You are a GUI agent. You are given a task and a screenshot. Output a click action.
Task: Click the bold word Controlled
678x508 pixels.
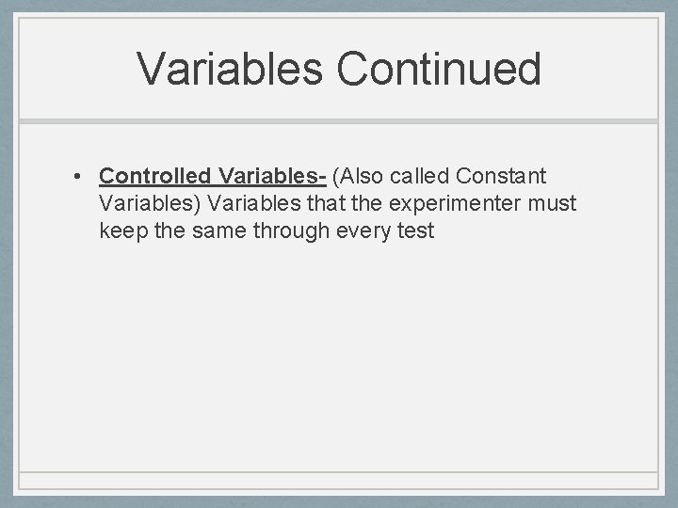pos(154,176)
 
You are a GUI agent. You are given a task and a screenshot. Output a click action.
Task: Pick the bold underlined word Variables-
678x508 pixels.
pos(272,176)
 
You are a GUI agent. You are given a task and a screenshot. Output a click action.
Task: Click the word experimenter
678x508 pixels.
pos(452,203)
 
